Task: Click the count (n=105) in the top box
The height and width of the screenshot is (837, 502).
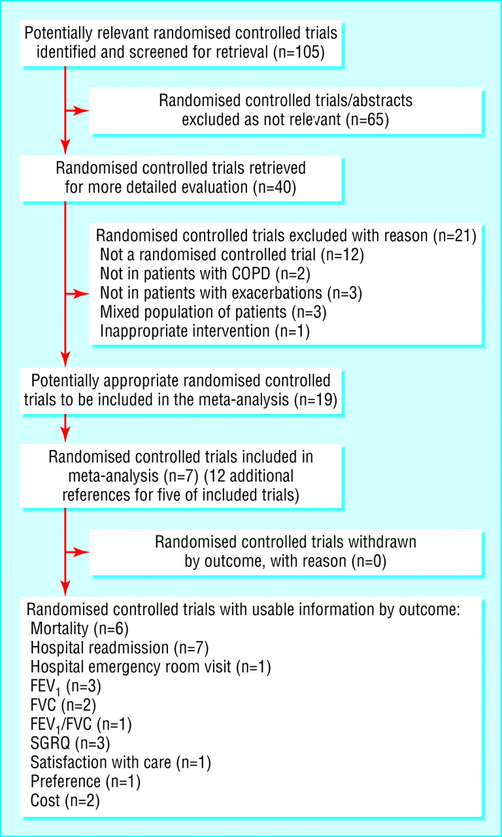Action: [299, 52]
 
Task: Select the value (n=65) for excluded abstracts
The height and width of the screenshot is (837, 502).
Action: [367, 120]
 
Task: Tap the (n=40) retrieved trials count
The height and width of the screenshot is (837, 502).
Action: [275, 187]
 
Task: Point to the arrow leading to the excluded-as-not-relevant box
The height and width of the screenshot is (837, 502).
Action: [77, 111]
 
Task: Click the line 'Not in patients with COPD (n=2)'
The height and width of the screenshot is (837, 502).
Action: [205, 274]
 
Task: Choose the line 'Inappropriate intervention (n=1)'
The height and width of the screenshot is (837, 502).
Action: [205, 331]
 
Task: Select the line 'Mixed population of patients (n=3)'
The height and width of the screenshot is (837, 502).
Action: [213, 312]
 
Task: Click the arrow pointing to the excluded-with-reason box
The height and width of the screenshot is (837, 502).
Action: [77, 294]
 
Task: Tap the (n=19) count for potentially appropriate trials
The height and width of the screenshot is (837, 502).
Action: [316, 400]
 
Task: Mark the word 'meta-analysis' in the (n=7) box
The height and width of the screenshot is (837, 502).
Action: [114, 476]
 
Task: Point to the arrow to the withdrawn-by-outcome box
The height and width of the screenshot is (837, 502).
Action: [77, 553]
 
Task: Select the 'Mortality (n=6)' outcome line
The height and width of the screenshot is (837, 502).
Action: [80, 628]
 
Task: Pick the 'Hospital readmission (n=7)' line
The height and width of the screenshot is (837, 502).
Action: [120, 647]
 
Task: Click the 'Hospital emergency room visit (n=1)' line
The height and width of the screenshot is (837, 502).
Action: [150, 666]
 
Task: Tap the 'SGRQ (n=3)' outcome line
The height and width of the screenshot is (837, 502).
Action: [70, 743]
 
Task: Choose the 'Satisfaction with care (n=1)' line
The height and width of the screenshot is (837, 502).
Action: [121, 762]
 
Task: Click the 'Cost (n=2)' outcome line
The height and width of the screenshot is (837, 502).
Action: [65, 800]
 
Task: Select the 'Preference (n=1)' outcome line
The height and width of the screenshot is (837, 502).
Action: [86, 781]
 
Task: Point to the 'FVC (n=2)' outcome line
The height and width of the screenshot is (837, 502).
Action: [63, 705]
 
